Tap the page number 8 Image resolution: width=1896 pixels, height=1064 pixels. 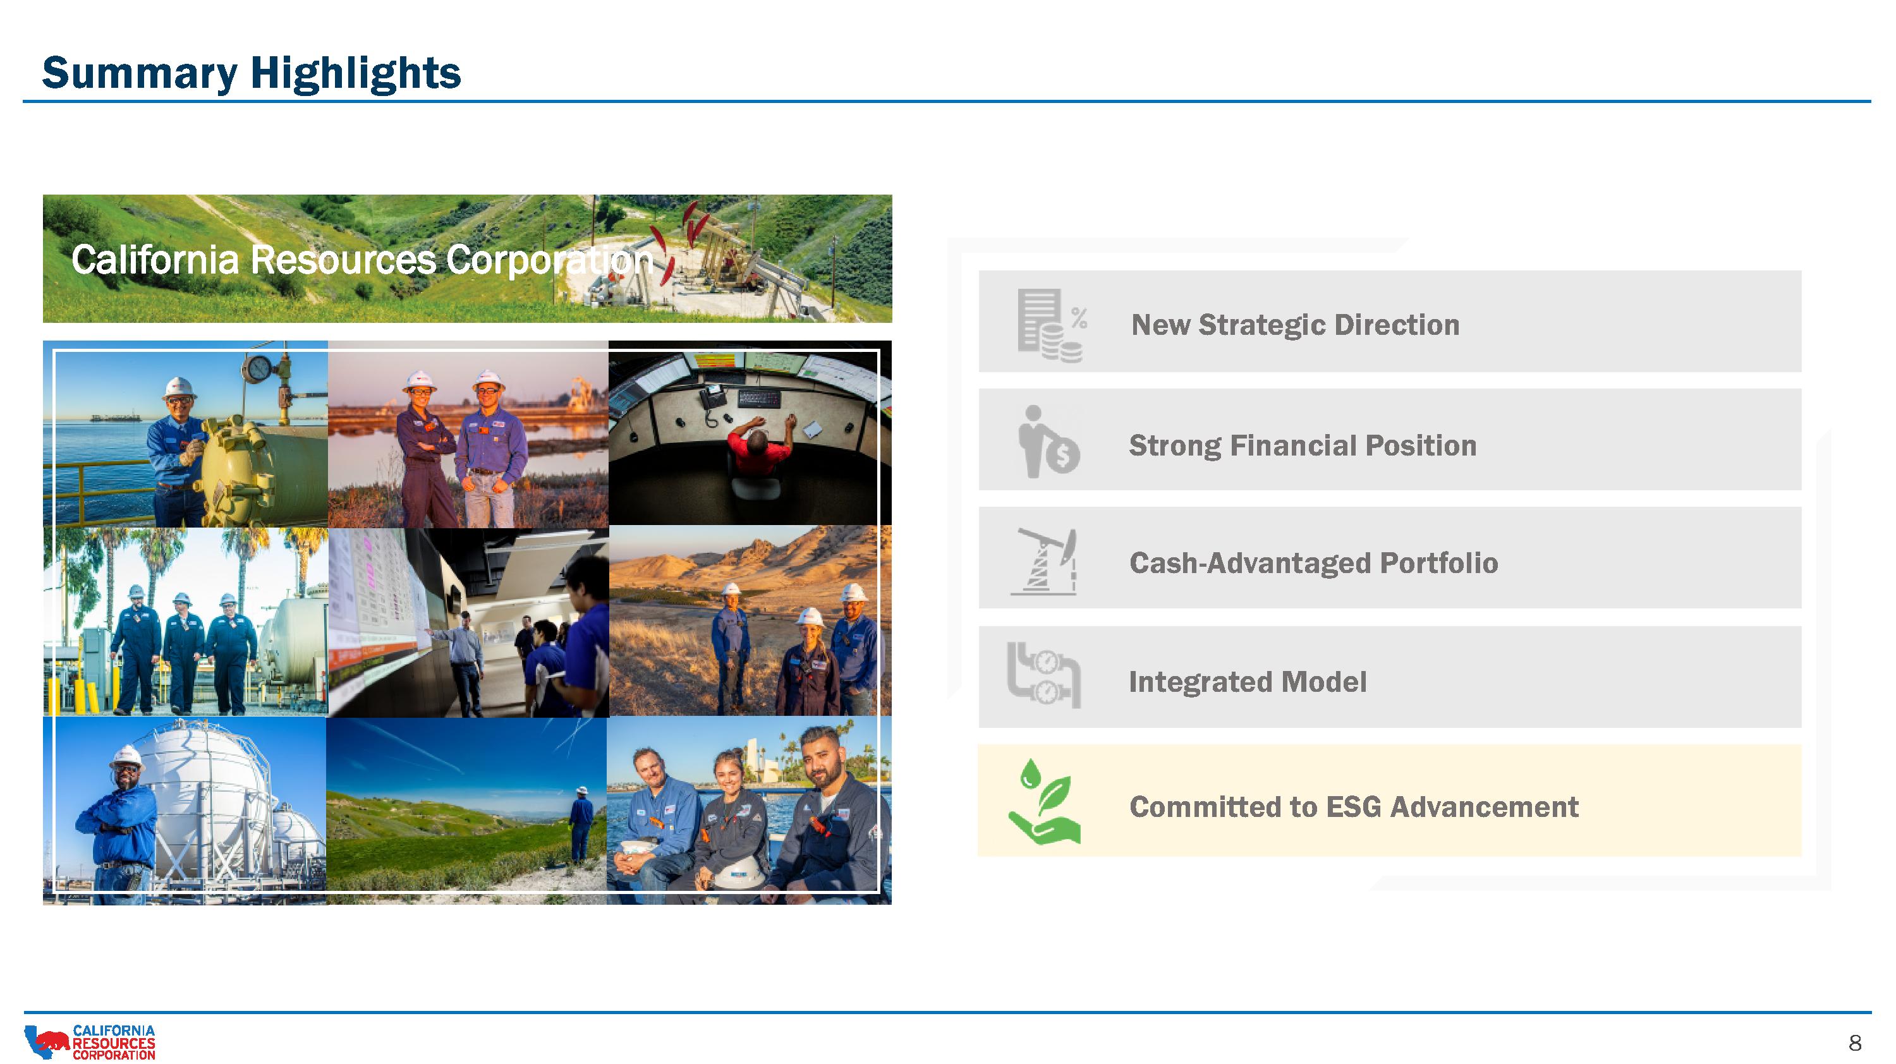tap(1855, 1043)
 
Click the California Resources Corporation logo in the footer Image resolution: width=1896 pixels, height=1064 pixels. tap(90, 1042)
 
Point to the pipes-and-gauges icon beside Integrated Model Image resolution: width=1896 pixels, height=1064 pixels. tap(1043, 675)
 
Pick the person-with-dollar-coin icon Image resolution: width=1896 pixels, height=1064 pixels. tap(1048, 442)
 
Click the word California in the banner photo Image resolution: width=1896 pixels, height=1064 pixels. tap(155, 260)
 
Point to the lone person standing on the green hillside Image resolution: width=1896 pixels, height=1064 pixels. tap(581, 824)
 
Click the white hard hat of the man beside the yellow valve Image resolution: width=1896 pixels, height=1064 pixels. tap(179, 387)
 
